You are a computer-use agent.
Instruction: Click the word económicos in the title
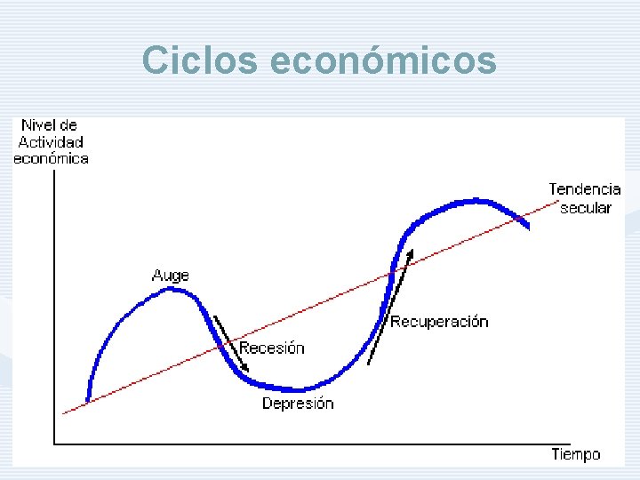coord(382,60)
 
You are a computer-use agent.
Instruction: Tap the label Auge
coord(170,276)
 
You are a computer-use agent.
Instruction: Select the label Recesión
coord(272,348)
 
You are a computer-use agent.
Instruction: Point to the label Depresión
coord(298,404)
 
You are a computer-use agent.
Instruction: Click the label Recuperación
coord(439,322)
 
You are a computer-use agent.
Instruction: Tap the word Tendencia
coord(584,189)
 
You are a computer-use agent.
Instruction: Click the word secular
coord(586,208)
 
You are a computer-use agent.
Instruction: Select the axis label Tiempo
coord(575,454)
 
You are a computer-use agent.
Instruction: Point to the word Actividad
coord(51,142)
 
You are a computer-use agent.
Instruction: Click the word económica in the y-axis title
coord(51,159)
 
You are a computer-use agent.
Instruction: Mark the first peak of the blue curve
coord(174,290)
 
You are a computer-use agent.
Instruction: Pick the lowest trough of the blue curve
coord(299,389)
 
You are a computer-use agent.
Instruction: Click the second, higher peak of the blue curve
coord(476,201)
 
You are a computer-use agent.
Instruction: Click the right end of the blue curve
coord(528,226)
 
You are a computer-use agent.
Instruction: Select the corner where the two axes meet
coord(54,442)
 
